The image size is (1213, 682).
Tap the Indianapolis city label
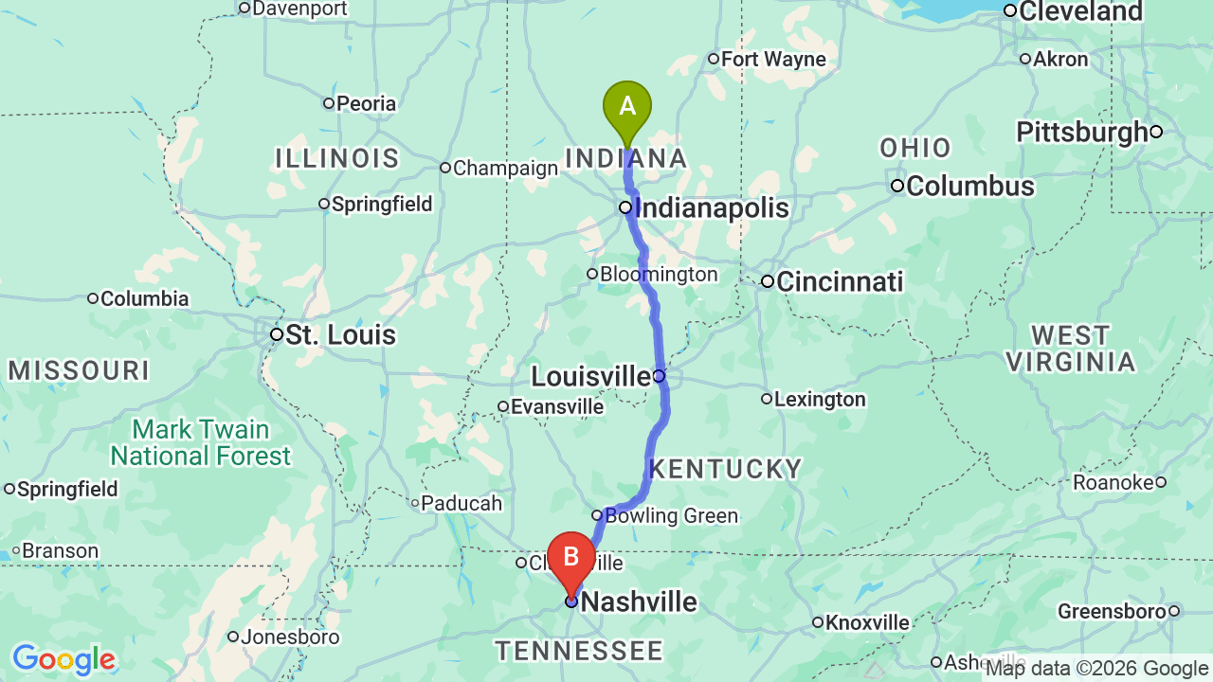(x=711, y=207)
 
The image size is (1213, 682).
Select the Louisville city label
(x=590, y=376)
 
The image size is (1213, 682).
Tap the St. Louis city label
(x=340, y=334)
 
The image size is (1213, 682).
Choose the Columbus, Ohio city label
(x=969, y=186)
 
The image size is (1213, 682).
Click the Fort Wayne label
(x=773, y=60)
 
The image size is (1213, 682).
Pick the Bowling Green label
(x=671, y=516)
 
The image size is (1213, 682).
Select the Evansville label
(x=556, y=407)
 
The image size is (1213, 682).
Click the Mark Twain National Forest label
(x=201, y=443)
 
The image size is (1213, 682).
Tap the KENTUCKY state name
(x=725, y=469)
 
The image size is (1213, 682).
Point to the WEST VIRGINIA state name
(x=1070, y=349)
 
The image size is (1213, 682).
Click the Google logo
(x=63, y=659)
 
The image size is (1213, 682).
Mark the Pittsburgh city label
(x=1082, y=132)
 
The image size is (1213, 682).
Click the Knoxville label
(x=867, y=622)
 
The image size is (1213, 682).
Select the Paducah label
(x=462, y=503)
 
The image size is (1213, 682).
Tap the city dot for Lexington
(x=767, y=399)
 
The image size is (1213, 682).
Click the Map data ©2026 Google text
(x=1096, y=669)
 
